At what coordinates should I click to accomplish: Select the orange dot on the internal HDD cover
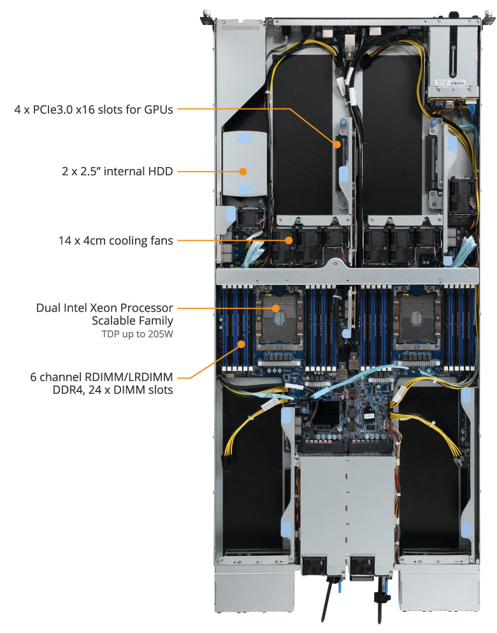tap(243, 171)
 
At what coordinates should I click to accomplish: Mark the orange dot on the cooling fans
tap(289, 240)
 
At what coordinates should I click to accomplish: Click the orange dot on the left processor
tap(277, 309)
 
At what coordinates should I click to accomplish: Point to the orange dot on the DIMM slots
tap(240, 345)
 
